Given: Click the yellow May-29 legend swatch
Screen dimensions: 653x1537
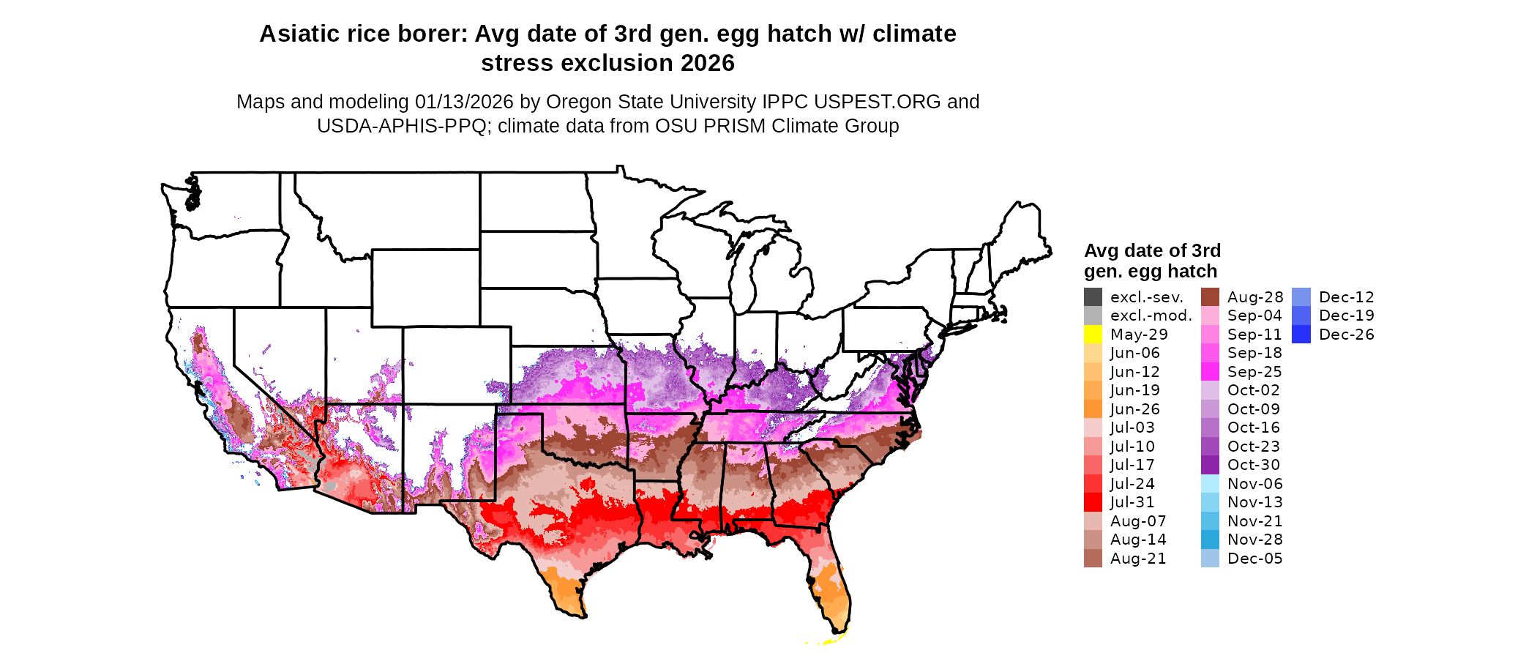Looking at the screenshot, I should [1093, 335].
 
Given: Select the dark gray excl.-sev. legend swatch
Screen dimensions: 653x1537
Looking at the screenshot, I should [1093, 297].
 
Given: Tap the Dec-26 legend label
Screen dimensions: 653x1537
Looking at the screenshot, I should [1346, 335].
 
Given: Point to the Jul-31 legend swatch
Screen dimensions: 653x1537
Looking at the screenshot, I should [1093, 502].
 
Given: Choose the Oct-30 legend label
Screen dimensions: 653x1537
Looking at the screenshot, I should [1253, 465].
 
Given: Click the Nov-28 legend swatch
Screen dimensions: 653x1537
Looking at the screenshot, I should [1210, 540].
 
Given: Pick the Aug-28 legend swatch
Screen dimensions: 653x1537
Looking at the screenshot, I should [1210, 297].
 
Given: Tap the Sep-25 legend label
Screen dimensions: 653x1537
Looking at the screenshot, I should [1254, 372].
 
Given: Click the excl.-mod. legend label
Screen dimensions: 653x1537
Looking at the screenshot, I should [1151, 316].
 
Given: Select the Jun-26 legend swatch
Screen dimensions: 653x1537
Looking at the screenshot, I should [1093, 409].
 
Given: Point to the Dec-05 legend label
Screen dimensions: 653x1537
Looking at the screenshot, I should [1254, 559].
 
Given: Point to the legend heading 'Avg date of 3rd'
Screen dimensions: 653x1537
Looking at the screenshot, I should [1152, 251].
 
